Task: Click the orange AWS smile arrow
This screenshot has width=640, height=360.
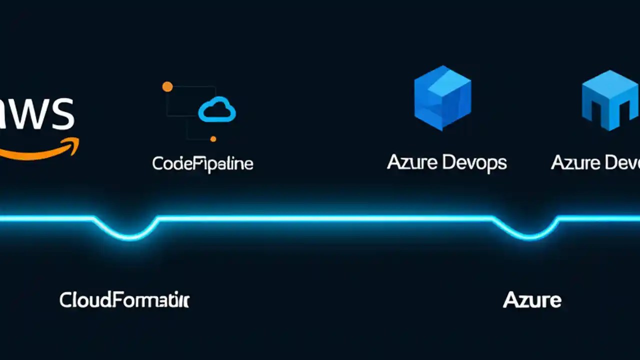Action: pyautogui.click(x=35, y=152)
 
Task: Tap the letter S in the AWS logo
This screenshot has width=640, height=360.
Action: pyautogui.click(x=64, y=114)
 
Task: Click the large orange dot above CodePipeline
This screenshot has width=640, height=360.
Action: pyautogui.click(x=167, y=87)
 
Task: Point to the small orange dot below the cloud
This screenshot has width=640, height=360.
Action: pyautogui.click(x=213, y=139)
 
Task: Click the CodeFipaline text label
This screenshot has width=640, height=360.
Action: pyautogui.click(x=202, y=163)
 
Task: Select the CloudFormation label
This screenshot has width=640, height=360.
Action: pyautogui.click(x=124, y=300)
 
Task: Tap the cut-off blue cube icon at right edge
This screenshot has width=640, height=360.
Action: pyautogui.click(x=610, y=100)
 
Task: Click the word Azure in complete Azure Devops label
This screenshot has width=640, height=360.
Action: pyautogui.click(x=412, y=162)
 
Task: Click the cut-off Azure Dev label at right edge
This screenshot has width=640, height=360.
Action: pyautogui.click(x=595, y=162)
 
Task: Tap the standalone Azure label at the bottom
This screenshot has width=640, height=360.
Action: pyautogui.click(x=532, y=300)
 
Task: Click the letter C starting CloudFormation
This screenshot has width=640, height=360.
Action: pyautogui.click(x=65, y=300)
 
